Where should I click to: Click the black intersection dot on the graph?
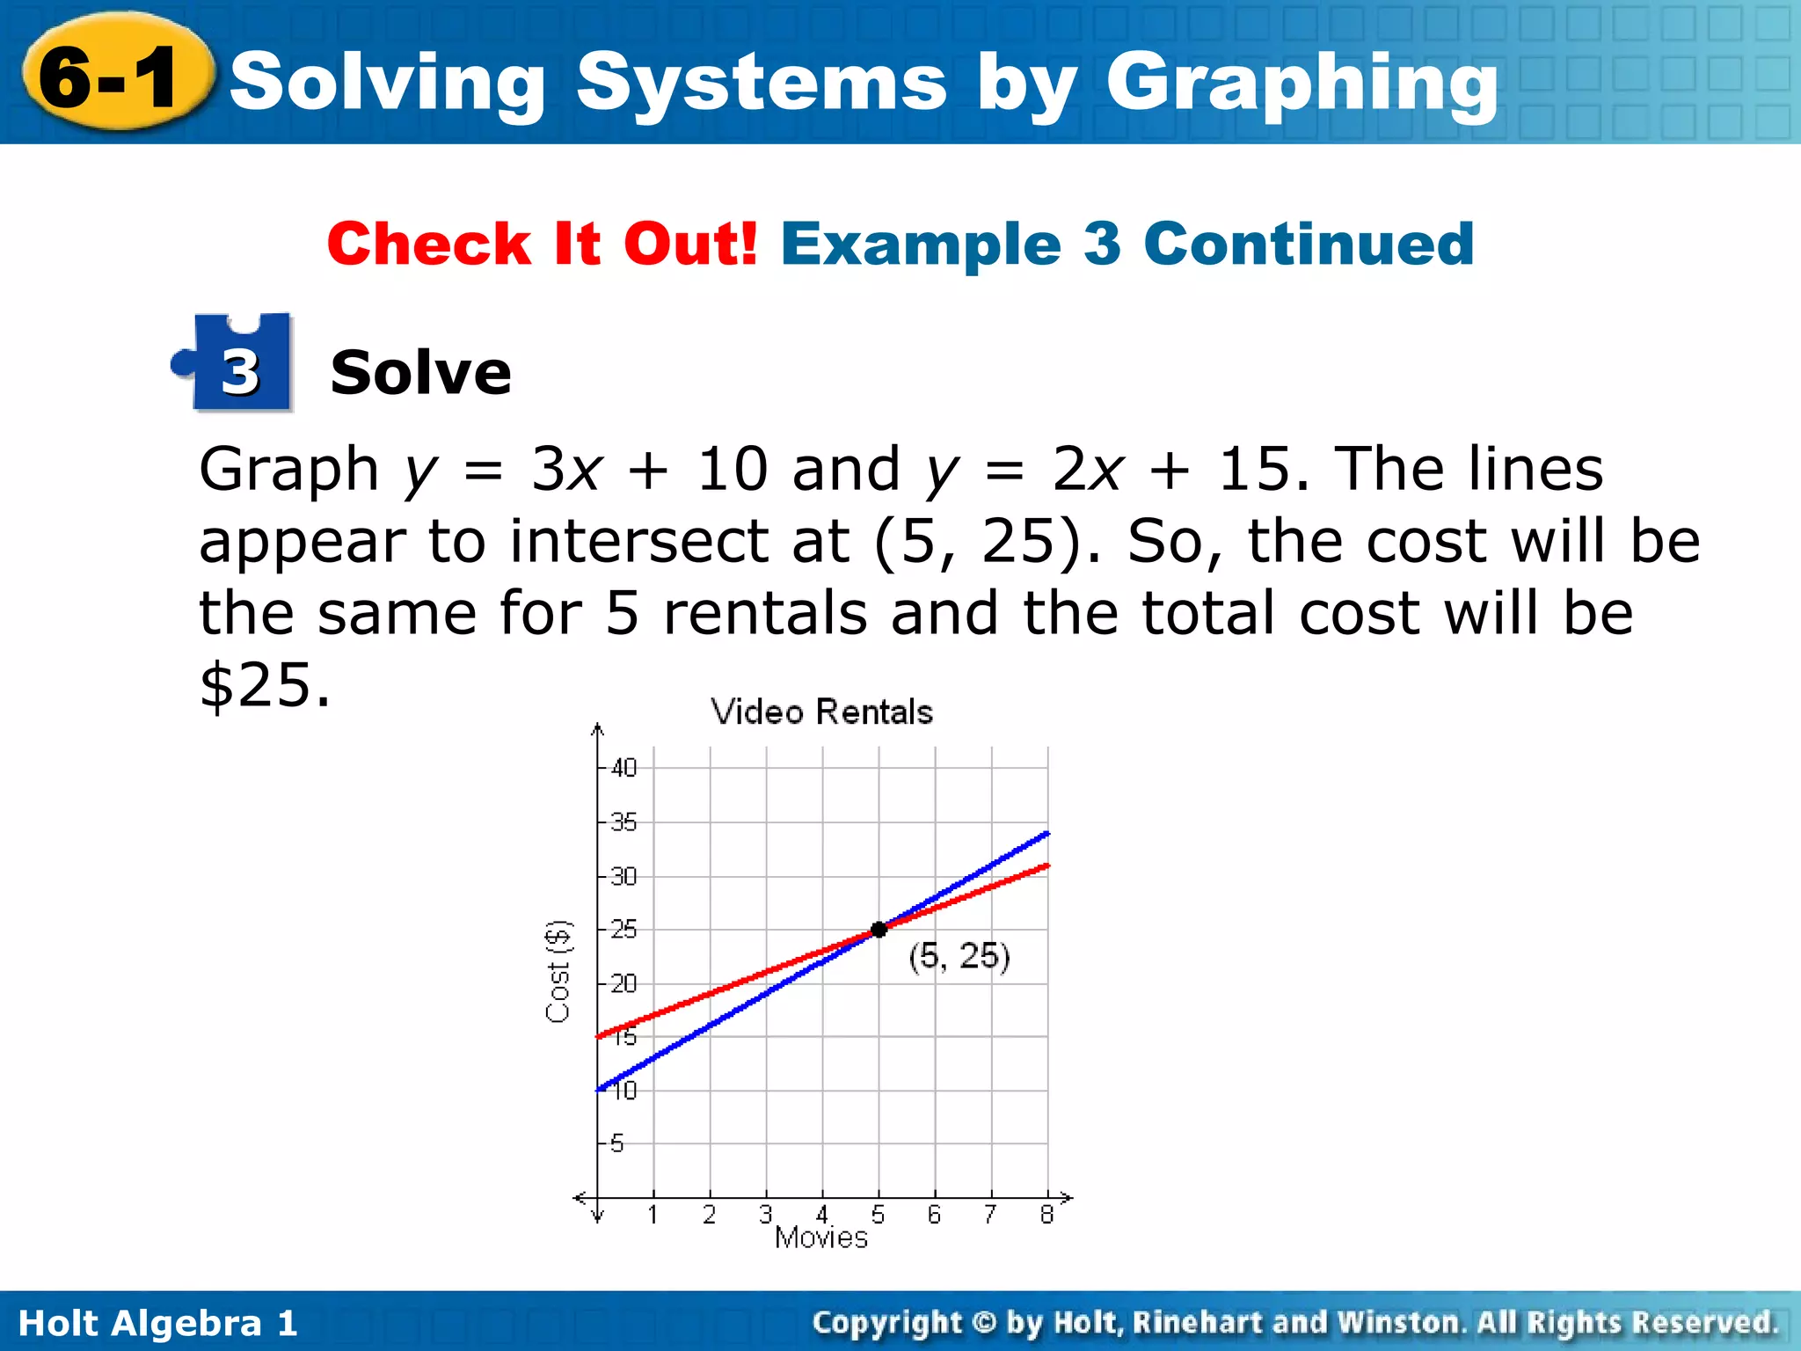coord(879,930)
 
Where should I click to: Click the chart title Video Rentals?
coord(821,712)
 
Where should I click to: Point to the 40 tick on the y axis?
coord(623,768)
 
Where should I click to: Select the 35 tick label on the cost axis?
coord(623,822)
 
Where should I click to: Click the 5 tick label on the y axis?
coord(617,1143)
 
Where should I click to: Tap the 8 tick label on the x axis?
coord(1046,1216)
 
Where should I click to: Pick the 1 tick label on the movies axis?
coord(653,1216)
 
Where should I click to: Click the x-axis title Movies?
coord(821,1238)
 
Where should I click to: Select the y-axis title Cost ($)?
coord(558,971)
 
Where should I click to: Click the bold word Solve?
coord(420,373)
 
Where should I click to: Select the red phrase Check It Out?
coord(542,244)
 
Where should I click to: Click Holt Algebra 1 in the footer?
coord(158,1323)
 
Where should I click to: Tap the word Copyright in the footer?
coord(887,1323)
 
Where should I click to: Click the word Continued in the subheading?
coord(1309,244)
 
